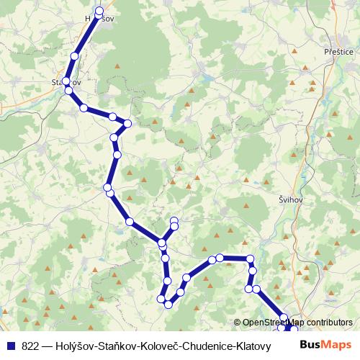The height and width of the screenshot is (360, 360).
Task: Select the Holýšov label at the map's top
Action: click(x=99, y=17)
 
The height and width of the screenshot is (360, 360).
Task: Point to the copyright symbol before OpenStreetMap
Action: click(x=238, y=323)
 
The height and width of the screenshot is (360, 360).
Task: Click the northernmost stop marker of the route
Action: click(x=99, y=11)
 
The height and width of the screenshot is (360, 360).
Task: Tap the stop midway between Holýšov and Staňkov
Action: click(x=75, y=55)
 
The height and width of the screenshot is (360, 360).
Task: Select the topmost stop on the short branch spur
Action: click(x=174, y=220)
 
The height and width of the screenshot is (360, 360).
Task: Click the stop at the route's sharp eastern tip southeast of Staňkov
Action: click(x=128, y=123)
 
